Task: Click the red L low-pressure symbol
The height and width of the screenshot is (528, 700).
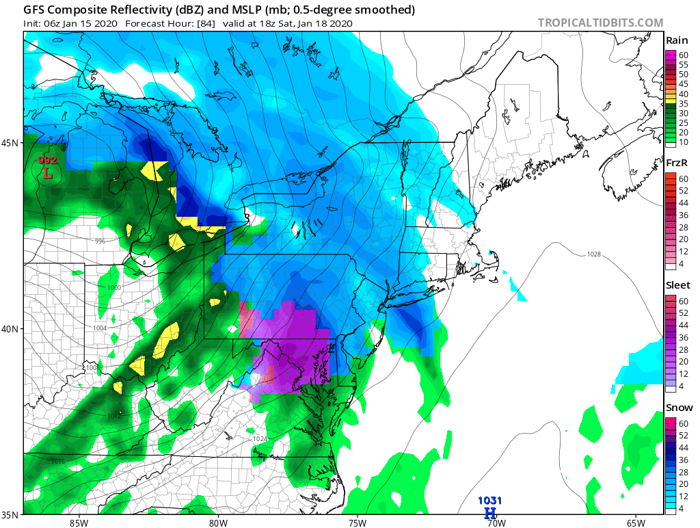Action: tap(47, 173)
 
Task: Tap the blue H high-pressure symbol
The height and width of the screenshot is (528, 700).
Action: tap(489, 513)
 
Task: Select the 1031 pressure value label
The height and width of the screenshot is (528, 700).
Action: tap(489, 501)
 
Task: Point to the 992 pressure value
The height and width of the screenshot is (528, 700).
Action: tap(47, 160)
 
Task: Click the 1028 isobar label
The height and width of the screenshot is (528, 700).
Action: tap(593, 254)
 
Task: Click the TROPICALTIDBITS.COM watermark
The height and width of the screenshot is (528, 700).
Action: tap(600, 23)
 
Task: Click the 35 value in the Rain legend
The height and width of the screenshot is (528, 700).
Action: tap(679, 103)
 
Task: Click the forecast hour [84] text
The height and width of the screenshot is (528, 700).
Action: tap(206, 23)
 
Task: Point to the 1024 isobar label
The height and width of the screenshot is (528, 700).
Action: tap(260, 439)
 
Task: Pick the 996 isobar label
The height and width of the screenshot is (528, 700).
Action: tap(100, 241)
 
